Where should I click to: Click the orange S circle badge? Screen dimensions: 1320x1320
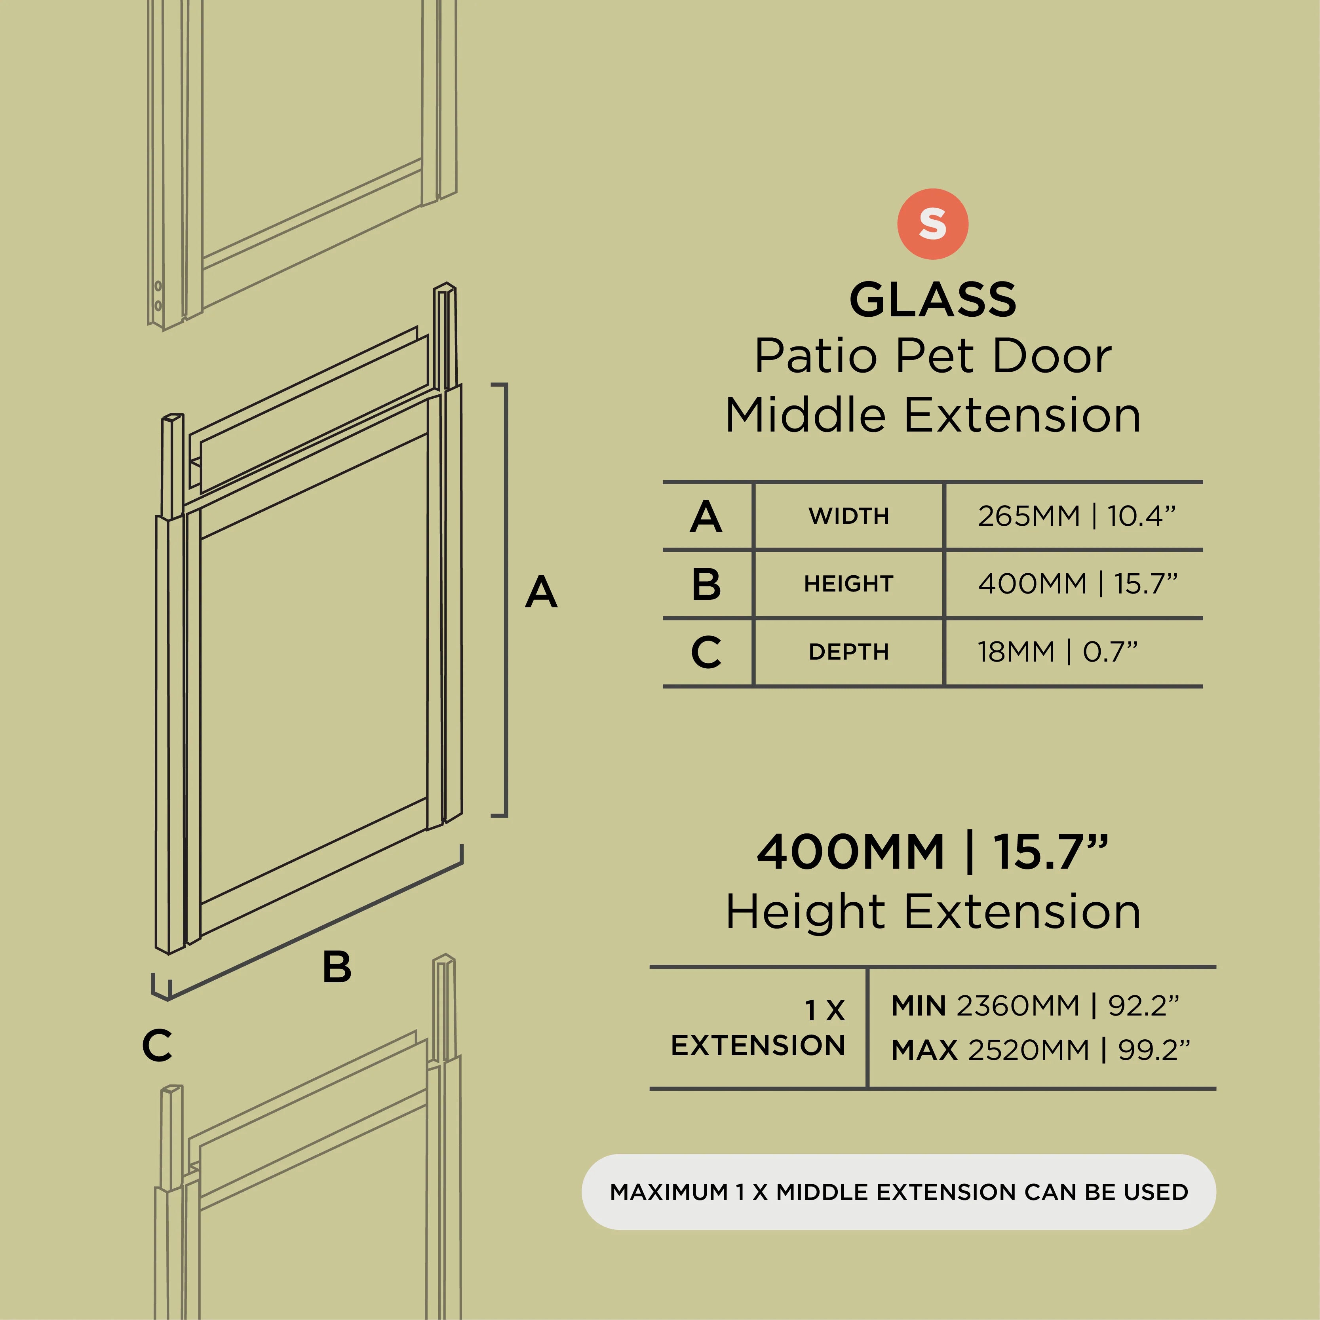coord(933,224)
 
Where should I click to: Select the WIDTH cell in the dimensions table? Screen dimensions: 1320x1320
coord(848,516)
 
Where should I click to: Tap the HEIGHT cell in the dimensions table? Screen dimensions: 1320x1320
coord(848,584)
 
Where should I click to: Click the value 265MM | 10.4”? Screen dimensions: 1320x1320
coord(1077,516)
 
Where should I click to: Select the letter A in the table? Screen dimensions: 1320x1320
coord(706,517)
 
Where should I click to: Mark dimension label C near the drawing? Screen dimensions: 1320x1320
coord(157,1045)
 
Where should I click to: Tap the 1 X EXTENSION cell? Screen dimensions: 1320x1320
coord(758,1028)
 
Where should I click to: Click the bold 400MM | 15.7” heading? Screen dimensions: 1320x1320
coord(933,852)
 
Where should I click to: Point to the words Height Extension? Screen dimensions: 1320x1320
coord(933,911)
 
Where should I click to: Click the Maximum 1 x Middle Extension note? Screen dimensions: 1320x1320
coord(898,1192)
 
